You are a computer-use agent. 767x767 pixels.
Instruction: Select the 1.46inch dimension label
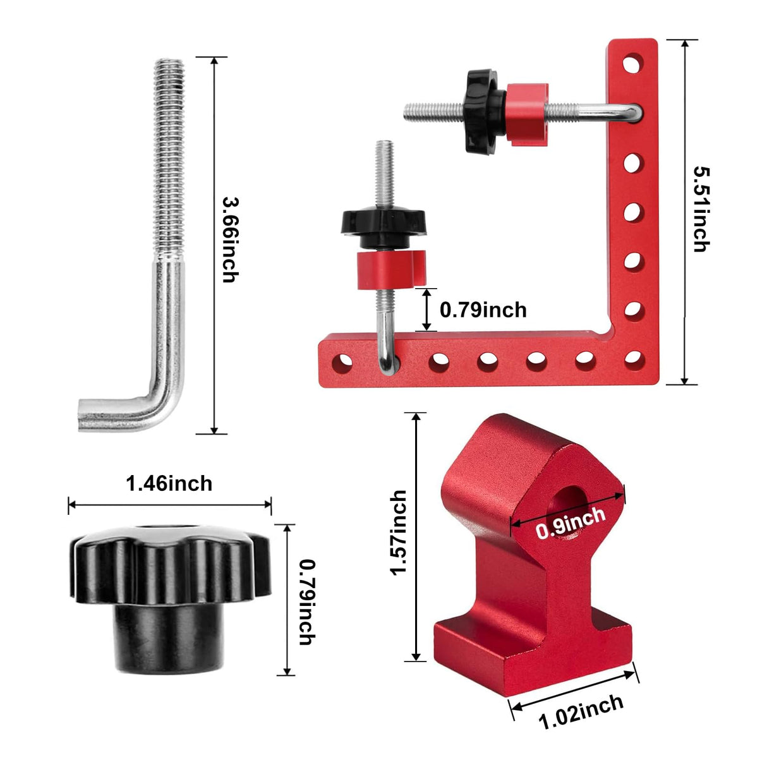tap(169, 484)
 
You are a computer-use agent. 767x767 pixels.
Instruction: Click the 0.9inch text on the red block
tap(570, 524)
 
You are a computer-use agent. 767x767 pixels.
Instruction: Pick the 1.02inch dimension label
tap(581, 711)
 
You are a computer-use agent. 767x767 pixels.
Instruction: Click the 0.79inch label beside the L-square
tap(483, 310)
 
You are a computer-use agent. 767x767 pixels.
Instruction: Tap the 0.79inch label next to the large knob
tap(306, 601)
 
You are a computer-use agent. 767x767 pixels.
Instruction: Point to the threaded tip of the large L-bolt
tap(169, 69)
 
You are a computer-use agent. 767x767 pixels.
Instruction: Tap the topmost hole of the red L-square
tap(633, 63)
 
